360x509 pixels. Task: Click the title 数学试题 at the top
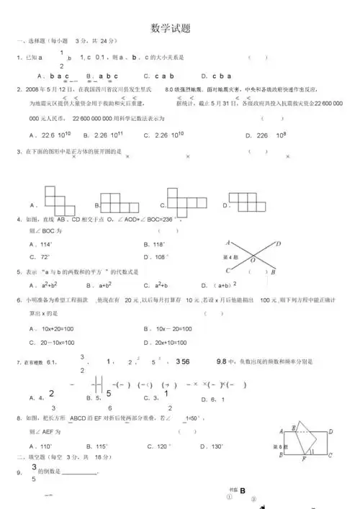(170, 29)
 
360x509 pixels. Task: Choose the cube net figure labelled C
(183, 202)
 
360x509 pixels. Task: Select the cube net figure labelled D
(245, 199)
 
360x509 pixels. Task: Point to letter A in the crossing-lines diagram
(228, 243)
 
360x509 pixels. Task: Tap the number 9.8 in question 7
(222, 361)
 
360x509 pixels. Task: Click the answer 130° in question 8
(213, 447)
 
